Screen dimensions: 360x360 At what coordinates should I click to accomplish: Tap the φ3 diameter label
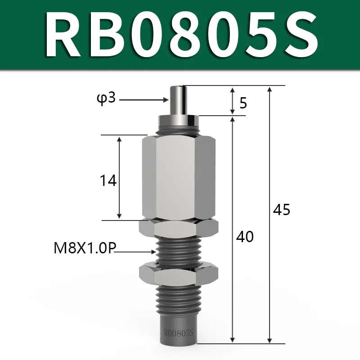[106, 99]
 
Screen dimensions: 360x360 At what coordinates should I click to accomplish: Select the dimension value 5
[243, 103]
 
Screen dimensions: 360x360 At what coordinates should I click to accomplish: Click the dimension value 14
[108, 180]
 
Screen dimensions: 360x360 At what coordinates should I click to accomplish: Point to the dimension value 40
[245, 237]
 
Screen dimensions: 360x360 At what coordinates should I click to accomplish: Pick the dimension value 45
[282, 209]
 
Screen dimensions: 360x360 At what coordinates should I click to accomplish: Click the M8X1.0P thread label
[85, 248]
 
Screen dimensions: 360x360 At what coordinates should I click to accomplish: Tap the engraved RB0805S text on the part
[179, 333]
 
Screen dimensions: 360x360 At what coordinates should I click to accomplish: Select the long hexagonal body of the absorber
[179, 177]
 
